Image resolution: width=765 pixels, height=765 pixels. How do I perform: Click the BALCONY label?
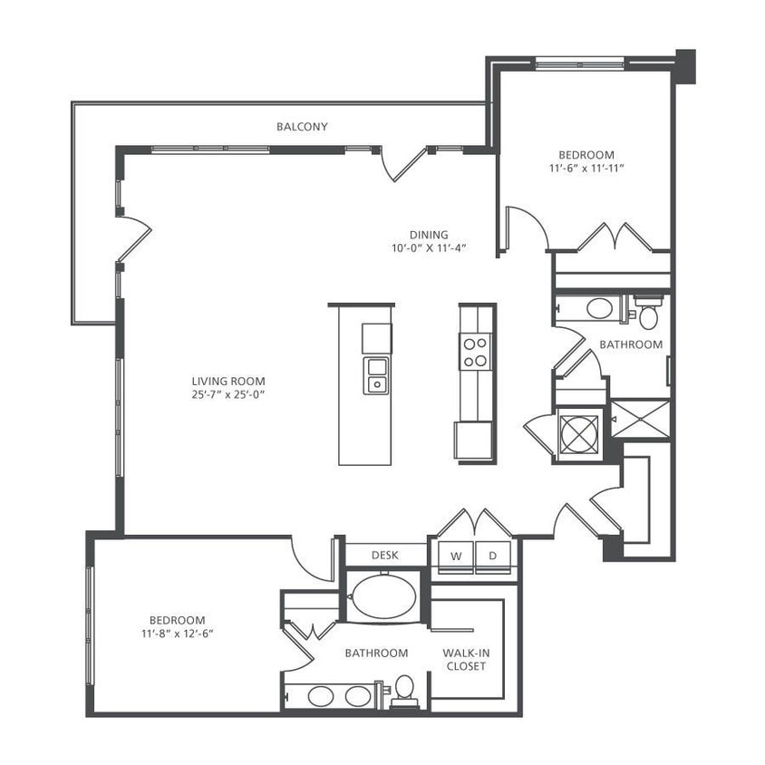(x=302, y=127)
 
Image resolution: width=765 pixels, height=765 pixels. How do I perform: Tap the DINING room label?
(x=428, y=235)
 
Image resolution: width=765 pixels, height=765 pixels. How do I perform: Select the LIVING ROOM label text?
(x=228, y=382)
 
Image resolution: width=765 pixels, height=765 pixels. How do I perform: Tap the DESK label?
(x=385, y=555)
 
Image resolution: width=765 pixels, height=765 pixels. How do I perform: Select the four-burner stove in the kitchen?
(x=475, y=351)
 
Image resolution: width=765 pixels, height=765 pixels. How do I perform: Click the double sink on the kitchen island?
(x=375, y=374)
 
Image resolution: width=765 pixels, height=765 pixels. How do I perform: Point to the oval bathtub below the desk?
(x=384, y=597)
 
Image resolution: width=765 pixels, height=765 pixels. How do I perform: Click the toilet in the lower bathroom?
(x=404, y=690)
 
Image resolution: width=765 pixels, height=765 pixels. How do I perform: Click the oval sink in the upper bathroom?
(x=599, y=308)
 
